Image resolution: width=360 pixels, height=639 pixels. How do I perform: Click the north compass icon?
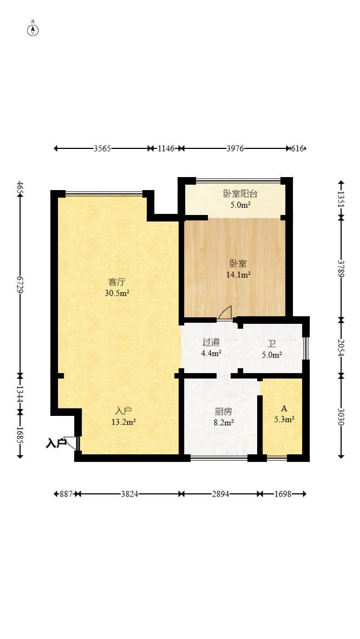[33, 30]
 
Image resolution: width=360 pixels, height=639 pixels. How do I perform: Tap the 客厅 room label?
[116, 282]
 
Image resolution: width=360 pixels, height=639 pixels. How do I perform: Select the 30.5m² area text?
[117, 292]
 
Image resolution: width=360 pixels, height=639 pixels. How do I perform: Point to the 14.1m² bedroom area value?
[238, 275]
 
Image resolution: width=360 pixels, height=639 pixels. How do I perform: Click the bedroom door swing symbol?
[225, 312]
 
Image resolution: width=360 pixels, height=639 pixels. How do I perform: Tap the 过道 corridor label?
[211, 342]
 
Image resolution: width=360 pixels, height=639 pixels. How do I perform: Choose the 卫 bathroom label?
[272, 344]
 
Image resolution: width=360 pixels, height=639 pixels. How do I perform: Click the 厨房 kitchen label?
[224, 412]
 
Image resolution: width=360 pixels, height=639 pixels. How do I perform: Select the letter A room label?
[284, 408]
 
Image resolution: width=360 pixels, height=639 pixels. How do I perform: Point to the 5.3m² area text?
[284, 419]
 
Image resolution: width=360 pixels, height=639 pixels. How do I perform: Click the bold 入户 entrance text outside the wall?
[56, 444]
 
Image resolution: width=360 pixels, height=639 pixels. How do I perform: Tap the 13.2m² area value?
[123, 422]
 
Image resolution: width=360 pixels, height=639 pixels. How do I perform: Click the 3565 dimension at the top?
[102, 149]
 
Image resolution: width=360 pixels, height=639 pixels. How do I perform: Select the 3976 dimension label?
[235, 149]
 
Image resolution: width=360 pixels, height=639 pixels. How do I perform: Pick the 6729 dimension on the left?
[19, 284]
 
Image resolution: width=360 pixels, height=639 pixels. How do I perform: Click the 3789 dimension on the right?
[341, 269]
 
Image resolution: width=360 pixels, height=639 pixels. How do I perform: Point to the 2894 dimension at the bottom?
[220, 494]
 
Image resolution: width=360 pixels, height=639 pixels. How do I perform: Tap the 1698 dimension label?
[283, 494]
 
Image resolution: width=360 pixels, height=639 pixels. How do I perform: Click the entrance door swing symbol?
[71, 443]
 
